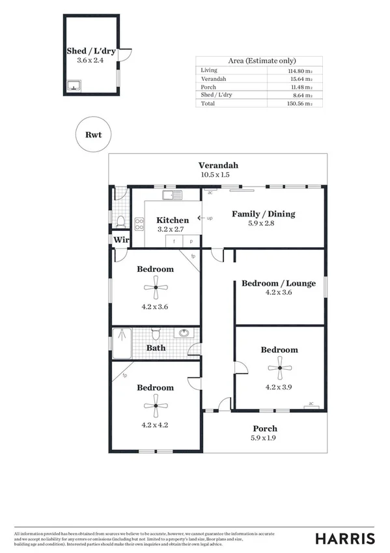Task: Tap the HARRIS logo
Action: (x=344, y=538)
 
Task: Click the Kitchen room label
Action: (x=173, y=220)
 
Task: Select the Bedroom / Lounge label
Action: (x=278, y=283)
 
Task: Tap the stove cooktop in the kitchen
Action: (x=139, y=224)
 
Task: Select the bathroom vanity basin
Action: (x=184, y=333)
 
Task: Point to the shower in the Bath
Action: (x=122, y=342)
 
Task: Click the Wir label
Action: (x=120, y=240)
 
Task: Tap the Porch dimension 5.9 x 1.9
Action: (x=264, y=438)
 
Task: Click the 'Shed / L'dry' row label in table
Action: (x=217, y=95)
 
